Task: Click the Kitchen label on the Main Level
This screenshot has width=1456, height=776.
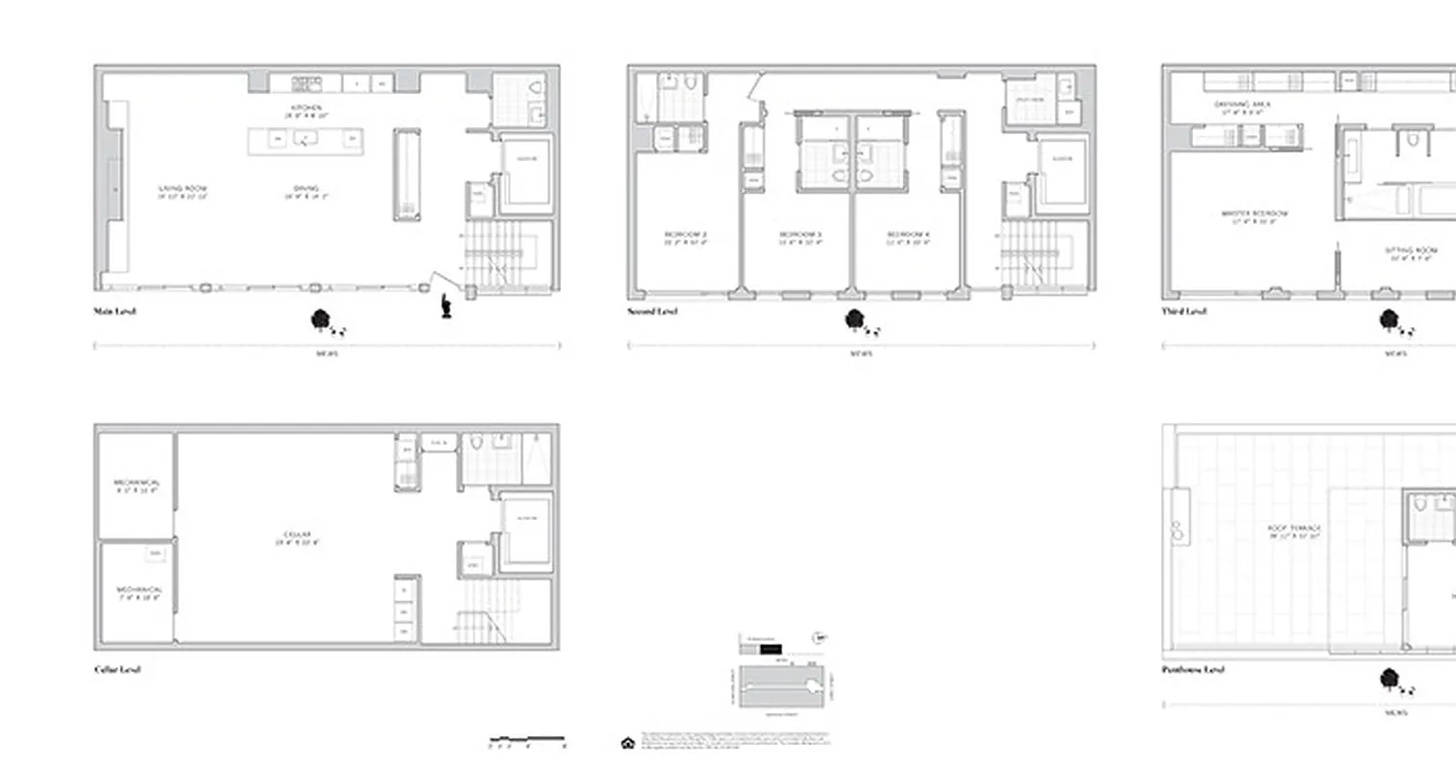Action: [x=307, y=109]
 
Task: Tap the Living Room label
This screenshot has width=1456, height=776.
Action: [x=183, y=190]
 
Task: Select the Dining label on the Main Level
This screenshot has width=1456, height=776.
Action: [x=307, y=190]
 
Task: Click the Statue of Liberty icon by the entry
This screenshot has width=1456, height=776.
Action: [x=447, y=306]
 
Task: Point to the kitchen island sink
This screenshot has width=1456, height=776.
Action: [x=307, y=140]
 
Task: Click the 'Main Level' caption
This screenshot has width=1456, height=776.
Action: [x=114, y=311]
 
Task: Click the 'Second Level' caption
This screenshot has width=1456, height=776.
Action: [x=652, y=311]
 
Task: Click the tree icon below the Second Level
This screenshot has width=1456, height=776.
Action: [x=855, y=319]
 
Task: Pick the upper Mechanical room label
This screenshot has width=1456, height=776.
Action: [x=137, y=485]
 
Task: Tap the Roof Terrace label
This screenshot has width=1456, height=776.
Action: [x=1294, y=531]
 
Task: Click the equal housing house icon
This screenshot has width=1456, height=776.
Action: [x=626, y=743]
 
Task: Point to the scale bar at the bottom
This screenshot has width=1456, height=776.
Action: [x=527, y=739]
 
